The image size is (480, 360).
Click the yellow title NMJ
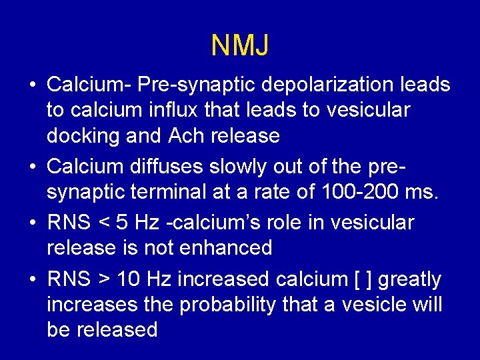point(240,45)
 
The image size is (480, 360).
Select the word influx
point(184,111)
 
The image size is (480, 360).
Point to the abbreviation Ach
point(187,136)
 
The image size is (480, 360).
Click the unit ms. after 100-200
point(423,193)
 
